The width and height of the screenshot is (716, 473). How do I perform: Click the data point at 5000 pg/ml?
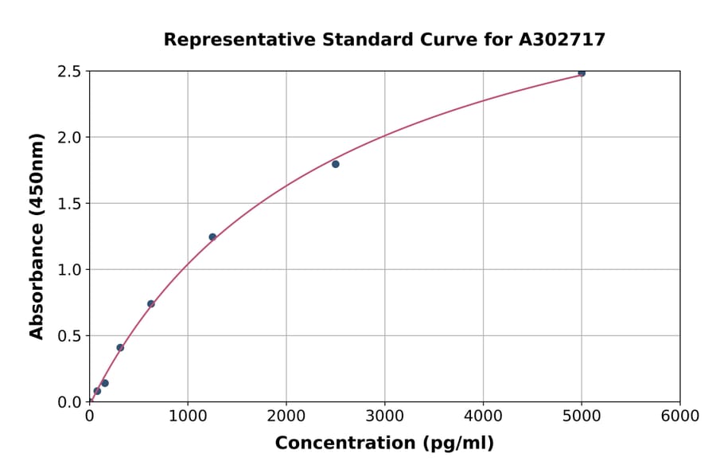[x=582, y=72]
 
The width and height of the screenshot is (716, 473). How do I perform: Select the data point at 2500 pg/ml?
[x=336, y=164]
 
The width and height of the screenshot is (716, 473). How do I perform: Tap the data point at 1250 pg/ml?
[x=212, y=236]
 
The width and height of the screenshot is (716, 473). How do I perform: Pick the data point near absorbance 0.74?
[x=151, y=303]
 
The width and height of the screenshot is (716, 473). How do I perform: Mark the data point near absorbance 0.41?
[x=120, y=347]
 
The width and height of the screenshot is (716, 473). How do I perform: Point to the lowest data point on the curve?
[x=97, y=391]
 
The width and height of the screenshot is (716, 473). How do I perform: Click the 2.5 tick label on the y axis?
[x=69, y=72]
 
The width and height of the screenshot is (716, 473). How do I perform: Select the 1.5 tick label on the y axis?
[x=69, y=204]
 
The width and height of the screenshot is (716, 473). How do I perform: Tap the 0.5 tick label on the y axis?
[x=69, y=336]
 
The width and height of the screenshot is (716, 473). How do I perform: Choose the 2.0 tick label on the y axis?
[x=69, y=138]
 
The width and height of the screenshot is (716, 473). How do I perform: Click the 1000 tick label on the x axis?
[x=188, y=416]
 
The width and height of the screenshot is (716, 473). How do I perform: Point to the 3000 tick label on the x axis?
[x=385, y=416]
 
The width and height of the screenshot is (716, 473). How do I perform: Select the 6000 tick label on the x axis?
[x=680, y=416]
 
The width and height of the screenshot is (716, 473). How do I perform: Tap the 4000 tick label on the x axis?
[x=484, y=416]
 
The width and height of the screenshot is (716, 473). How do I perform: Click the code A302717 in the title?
[x=562, y=40]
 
